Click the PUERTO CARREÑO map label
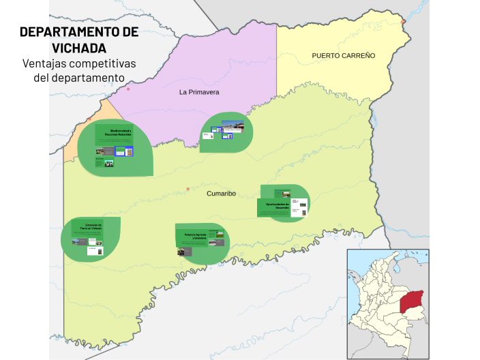point(343,55)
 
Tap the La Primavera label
point(199,91)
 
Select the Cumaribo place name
point(221,194)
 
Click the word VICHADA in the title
point(79,48)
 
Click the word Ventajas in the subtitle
point(46,63)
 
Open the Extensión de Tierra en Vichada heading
point(90,226)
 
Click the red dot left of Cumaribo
point(188,189)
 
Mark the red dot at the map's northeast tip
point(404,22)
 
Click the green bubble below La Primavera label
point(226,132)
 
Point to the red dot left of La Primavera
point(128,89)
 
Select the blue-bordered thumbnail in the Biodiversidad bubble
point(125,151)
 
